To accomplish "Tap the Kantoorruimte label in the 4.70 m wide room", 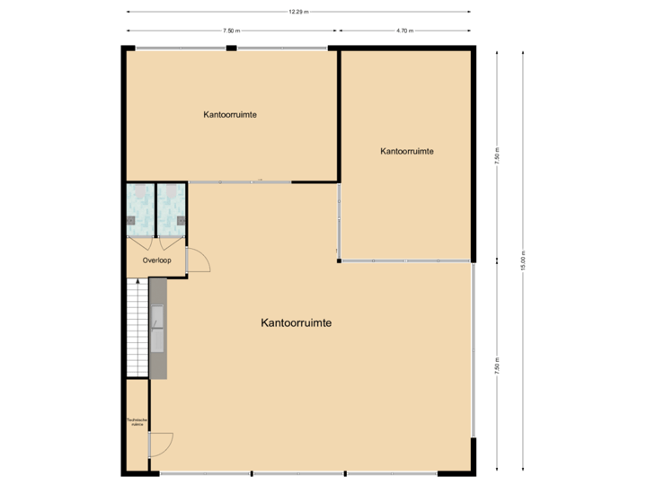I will [407, 152].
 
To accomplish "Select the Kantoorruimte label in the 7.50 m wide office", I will [231, 115].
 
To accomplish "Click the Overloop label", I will [156, 260].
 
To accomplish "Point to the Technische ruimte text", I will [137, 422].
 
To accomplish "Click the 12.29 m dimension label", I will [298, 12].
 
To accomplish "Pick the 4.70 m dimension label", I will [404, 31].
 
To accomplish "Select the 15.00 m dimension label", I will [523, 260].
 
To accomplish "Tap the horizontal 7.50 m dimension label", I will [231, 31].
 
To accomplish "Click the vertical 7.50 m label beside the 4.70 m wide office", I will [497, 154].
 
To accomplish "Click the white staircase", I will [137, 328].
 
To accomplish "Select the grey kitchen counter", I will [158, 328].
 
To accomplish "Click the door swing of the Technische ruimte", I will [162, 444].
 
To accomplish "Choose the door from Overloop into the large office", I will [197, 260].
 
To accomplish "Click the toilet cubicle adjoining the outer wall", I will [139, 209].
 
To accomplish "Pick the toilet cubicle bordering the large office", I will [171, 209].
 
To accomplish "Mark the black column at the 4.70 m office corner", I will [339, 261].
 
